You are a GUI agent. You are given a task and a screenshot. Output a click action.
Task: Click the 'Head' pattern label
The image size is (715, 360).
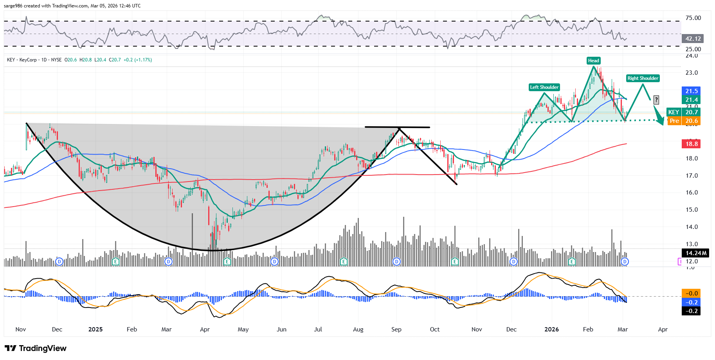[593, 61]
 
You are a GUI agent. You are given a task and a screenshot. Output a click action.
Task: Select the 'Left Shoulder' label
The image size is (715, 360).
[544, 87]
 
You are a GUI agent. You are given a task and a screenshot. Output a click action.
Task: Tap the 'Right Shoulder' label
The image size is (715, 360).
[643, 78]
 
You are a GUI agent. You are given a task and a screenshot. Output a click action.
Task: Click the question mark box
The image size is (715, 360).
[656, 100]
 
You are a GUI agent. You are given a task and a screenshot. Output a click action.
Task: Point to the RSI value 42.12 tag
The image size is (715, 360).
[693, 39]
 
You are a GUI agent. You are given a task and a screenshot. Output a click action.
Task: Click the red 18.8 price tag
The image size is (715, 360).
[691, 144]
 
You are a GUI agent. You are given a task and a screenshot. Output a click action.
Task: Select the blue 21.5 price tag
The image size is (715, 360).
[691, 91]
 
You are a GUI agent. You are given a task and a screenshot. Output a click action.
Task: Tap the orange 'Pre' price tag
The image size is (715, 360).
[674, 121]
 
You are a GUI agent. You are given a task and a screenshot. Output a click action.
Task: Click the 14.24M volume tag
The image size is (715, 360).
[695, 253]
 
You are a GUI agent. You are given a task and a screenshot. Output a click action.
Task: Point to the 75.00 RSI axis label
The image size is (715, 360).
[693, 18]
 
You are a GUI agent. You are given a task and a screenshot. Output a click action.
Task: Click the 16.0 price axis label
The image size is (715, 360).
[692, 193]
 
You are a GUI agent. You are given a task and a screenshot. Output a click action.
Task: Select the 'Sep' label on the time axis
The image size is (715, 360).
[396, 329]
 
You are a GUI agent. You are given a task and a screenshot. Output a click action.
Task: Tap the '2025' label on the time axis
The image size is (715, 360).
[95, 329]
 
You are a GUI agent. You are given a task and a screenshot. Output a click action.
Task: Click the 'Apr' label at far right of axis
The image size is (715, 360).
[663, 329]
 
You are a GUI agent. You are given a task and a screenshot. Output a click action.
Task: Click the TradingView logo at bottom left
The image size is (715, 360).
[36, 348]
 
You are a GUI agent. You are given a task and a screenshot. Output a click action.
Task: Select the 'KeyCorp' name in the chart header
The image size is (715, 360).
[28, 60]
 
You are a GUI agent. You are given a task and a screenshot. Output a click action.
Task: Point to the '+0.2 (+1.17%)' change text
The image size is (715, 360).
[138, 60]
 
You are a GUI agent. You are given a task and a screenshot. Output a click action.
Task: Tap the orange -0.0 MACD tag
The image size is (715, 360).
[691, 293]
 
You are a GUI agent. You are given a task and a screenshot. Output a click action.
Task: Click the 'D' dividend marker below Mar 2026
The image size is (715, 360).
[625, 261]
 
